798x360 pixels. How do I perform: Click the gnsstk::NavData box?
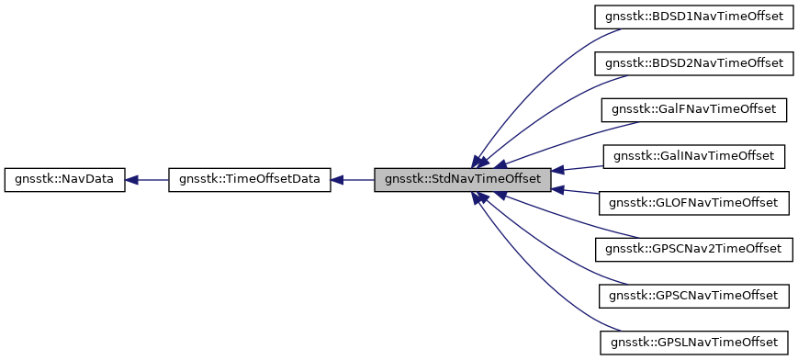tap(63, 179)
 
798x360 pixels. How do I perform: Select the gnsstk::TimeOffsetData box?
tap(249, 179)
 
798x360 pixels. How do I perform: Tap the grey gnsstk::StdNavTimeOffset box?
tap(463, 179)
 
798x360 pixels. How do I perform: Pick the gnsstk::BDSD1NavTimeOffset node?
tap(693, 17)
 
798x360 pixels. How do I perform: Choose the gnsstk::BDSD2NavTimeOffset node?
tap(693, 62)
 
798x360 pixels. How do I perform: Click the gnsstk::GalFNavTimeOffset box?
tap(693, 109)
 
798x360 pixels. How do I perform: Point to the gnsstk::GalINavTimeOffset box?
tap(693, 155)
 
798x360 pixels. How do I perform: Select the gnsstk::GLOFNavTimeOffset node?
tap(693, 202)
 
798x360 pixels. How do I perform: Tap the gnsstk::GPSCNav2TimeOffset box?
tap(693, 248)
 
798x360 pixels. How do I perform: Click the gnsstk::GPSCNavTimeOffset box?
tap(693, 295)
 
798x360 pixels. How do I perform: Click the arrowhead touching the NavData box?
tap(130, 179)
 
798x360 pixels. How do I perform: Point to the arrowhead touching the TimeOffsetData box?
tap(337, 179)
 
